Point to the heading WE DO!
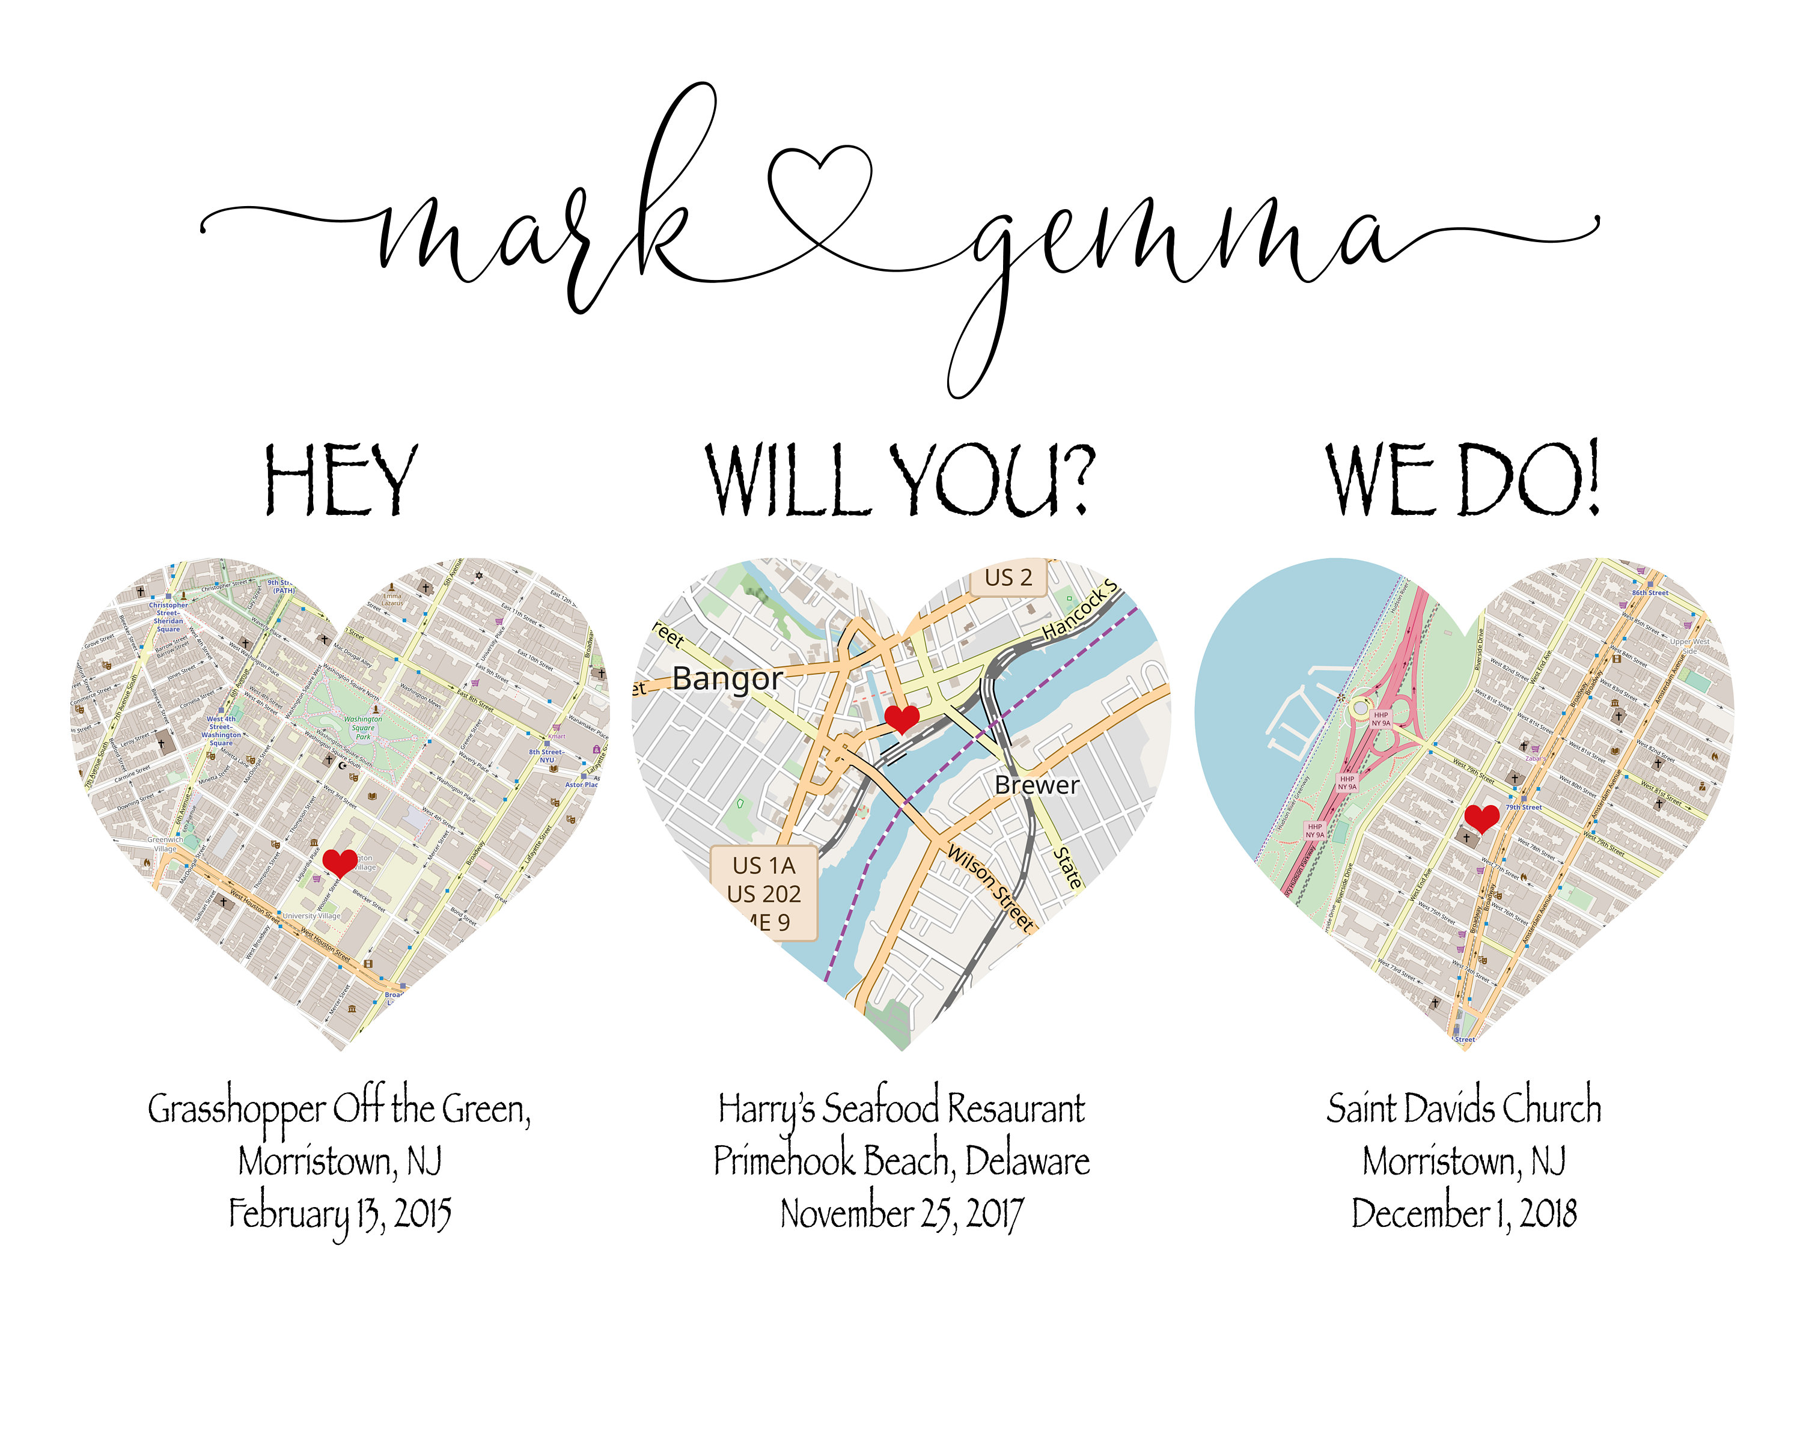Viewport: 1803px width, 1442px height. [1463, 480]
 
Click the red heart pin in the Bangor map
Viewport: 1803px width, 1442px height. [901, 718]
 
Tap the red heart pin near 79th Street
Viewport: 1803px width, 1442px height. [1482, 818]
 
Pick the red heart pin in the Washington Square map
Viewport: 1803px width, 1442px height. [340, 862]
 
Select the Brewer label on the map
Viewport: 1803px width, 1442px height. [1036, 785]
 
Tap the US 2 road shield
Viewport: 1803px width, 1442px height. [1008, 577]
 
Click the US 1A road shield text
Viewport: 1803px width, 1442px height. [763, 865]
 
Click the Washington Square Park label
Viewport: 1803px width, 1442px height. [363, 727]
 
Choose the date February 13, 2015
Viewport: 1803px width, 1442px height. [340, 1214]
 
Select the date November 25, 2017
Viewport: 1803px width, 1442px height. [901, 1214]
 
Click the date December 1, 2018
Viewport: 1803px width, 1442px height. [1463, 1214]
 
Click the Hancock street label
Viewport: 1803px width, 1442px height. [1079, 610]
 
